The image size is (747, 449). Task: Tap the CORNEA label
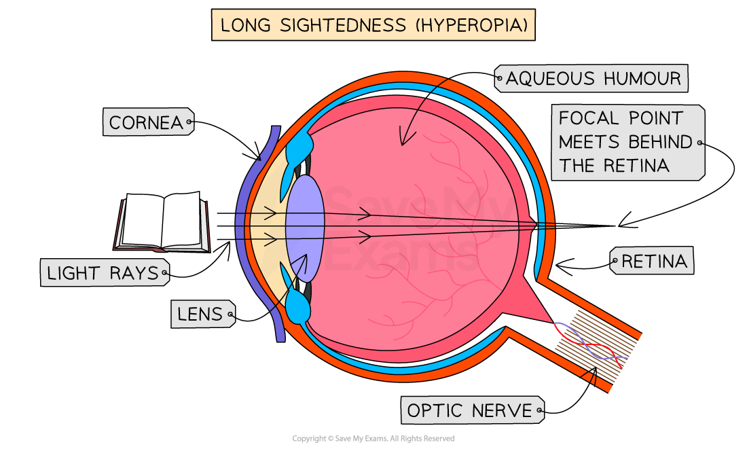(x=147, y=123)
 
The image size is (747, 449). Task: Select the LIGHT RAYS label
(x=103, y=274)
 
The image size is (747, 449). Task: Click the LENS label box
(x=200, y=314)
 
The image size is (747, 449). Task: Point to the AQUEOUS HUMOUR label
(x=593, y=79)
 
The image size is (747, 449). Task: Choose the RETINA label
(x=653, y=261)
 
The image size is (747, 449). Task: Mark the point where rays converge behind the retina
(x=554, y=226)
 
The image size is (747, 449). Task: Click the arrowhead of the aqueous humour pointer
(x=403, y=141)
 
